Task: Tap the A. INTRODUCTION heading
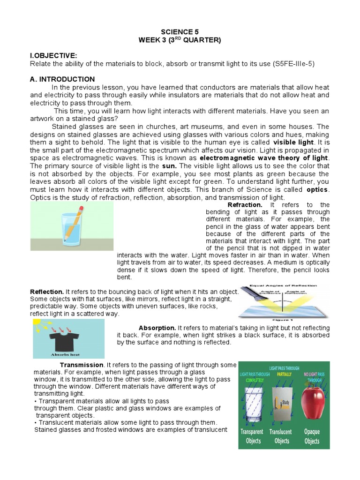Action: [x=62, y=79]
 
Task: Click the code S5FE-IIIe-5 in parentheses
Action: [x=292, y=63]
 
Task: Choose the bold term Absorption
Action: [x=157, y=328]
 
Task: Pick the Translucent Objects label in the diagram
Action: [x=282, y=436]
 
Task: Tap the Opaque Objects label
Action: [x=312, y=436]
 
